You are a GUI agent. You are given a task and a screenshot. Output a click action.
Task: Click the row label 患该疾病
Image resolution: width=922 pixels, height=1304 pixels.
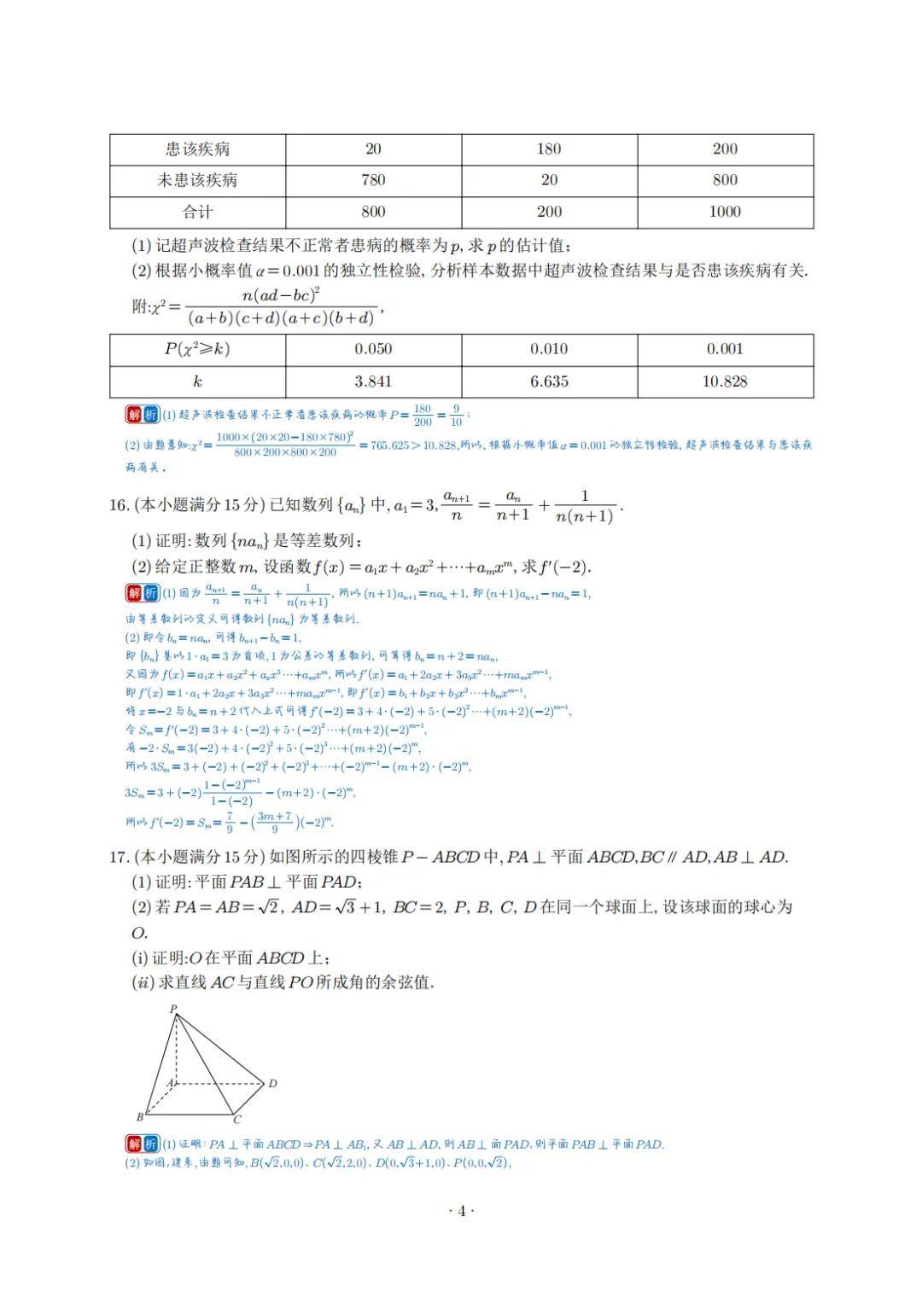click(197, 149)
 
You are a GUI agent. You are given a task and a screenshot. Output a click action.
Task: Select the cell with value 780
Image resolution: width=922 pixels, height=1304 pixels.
click(373, 180)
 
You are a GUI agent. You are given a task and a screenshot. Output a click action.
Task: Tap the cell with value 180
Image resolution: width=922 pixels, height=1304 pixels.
click(549, 149)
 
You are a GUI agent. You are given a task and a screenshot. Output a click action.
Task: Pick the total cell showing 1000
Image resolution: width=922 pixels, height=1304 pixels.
click(725, 212)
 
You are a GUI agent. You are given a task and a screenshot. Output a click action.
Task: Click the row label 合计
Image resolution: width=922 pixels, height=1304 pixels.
click(197, 212)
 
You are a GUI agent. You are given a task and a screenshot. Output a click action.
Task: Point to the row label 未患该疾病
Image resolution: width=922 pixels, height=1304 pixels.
click(197, 180)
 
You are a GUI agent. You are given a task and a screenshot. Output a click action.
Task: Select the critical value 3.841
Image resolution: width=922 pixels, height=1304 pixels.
click(373, 381)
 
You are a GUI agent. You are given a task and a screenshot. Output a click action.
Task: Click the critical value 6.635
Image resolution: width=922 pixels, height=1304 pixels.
click(549, 381)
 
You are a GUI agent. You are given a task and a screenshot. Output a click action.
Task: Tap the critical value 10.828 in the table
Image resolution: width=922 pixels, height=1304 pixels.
click(725, 381)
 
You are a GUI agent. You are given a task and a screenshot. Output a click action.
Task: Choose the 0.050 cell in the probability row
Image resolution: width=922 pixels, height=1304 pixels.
click(373, 349)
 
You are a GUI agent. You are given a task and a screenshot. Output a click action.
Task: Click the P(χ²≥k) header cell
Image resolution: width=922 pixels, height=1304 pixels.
click(197, 349)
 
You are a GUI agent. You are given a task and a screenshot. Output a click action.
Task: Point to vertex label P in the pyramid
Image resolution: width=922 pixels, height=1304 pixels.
click(173, 1009)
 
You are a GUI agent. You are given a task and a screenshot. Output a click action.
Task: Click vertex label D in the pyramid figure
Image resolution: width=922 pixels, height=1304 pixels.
click(272, 1084)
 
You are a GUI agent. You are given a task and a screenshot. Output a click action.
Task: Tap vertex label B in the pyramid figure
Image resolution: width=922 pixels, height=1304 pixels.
click(140, 1116)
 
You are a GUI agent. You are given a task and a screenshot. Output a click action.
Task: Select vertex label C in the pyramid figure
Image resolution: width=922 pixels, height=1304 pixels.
click(237, 1120)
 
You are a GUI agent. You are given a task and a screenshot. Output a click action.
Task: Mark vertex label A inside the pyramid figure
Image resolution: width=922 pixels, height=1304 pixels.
click(170, 1083)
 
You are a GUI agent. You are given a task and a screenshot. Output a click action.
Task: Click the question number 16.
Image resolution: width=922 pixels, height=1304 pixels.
click(118, 505)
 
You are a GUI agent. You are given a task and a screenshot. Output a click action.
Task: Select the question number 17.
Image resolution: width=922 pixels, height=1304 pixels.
click(118, 858)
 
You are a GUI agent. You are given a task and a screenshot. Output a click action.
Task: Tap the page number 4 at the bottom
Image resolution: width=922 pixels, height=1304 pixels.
click(461, 1211)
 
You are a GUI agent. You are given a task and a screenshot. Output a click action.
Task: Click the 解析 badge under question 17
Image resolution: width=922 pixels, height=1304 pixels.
click(142, 1144)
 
